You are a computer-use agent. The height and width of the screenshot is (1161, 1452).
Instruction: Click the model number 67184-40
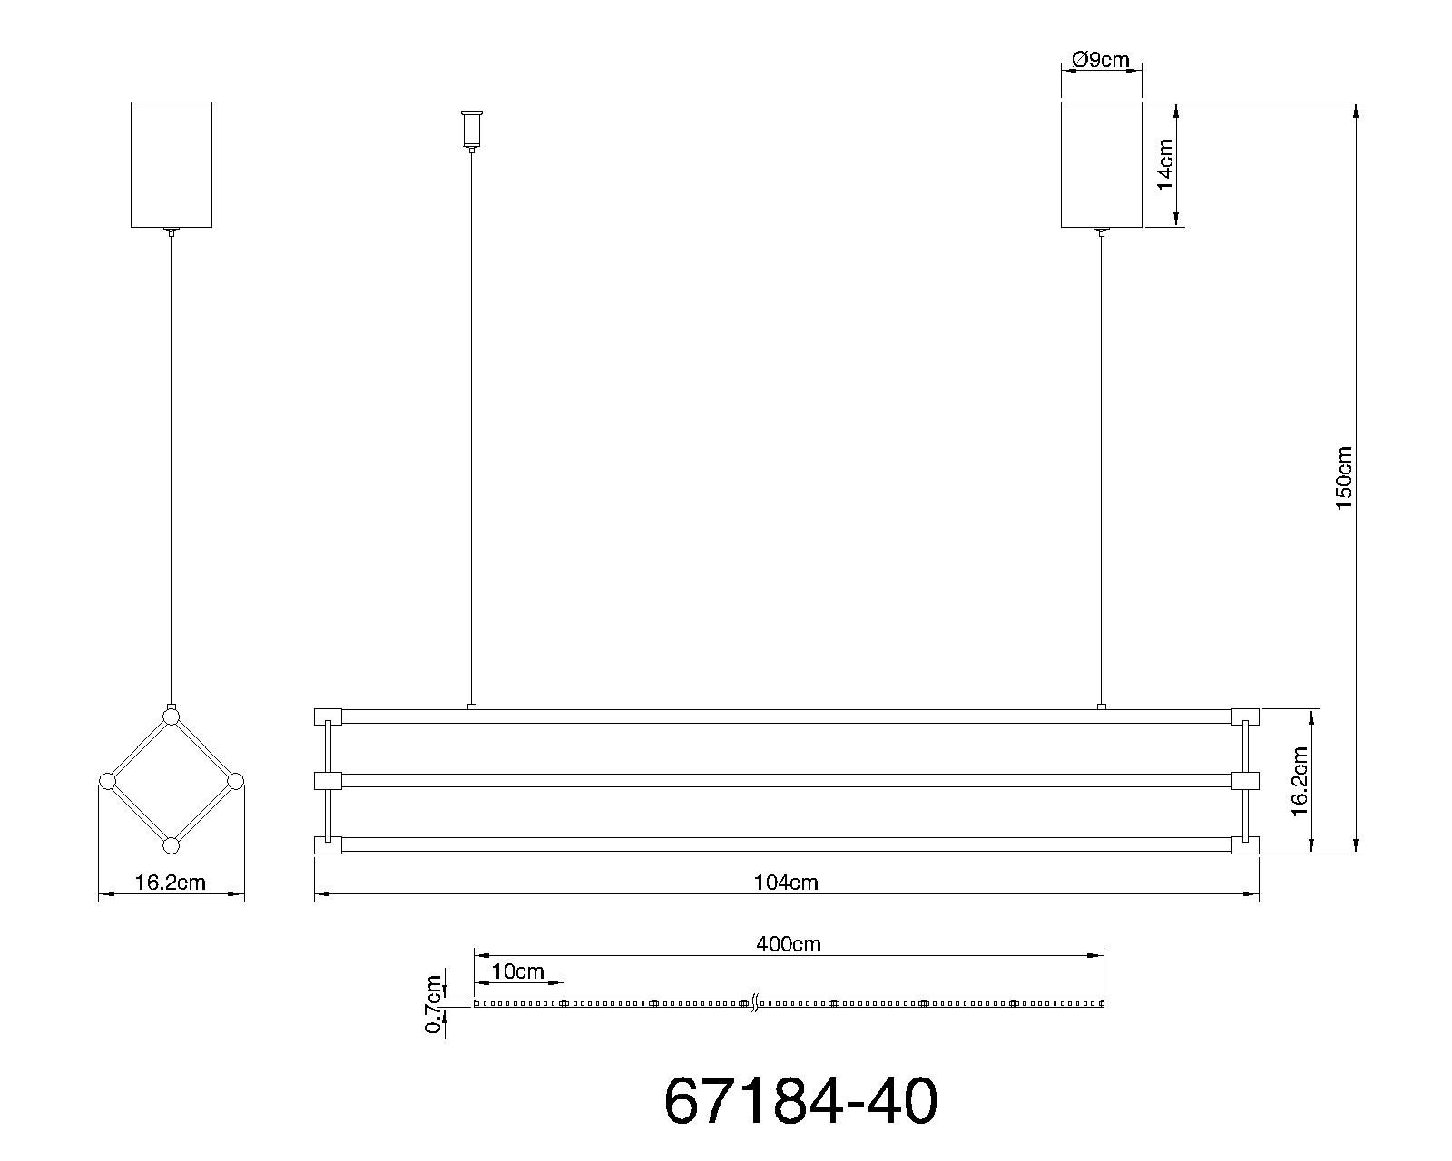800,1101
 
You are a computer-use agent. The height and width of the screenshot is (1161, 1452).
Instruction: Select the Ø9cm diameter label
1100,60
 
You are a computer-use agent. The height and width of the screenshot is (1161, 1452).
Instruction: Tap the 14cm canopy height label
1165,164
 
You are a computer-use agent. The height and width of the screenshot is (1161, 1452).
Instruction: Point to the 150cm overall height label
1344,478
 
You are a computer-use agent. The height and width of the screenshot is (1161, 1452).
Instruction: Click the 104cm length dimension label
786,883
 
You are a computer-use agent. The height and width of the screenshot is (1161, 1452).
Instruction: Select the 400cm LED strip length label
788,944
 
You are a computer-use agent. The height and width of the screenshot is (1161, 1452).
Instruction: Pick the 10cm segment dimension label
517,972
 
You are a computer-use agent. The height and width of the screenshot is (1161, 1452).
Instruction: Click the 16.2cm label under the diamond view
171,883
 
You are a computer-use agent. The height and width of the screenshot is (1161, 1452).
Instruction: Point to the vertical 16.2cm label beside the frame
1299,782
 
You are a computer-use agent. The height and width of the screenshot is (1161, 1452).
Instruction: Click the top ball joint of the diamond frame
171,717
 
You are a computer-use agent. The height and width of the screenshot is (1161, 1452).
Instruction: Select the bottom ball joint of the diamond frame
171,846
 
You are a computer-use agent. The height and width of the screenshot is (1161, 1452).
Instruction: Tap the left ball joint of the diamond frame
107,781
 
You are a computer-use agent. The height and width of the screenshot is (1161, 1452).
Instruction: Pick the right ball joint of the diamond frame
235,781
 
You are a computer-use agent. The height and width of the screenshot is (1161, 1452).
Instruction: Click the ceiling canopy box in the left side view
171,164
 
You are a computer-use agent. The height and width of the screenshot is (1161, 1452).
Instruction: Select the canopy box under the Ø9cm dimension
1101,164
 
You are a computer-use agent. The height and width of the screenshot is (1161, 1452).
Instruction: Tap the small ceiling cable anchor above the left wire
471,129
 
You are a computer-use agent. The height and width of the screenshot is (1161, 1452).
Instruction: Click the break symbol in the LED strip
753,1004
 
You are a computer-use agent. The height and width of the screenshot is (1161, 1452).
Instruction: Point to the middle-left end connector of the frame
328,781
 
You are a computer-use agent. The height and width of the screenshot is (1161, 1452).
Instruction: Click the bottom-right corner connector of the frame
1245,845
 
